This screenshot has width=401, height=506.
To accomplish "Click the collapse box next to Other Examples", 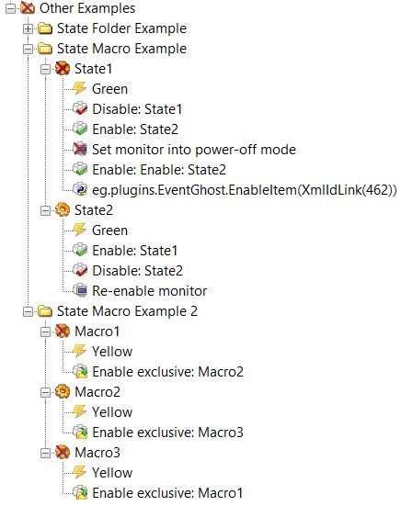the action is click(10, 8).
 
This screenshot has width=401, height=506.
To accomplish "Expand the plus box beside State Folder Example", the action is click(29, 28).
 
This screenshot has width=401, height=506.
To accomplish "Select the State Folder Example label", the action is click(121, 28).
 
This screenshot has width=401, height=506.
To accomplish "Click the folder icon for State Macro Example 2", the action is click(45, 311).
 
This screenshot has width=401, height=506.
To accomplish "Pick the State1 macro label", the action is click(93, 69).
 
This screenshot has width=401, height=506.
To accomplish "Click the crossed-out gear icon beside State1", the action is click(63, 69).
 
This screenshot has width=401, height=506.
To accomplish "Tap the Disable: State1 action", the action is click(137, 109).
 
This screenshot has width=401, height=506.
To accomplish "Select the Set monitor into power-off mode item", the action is click(194, 150).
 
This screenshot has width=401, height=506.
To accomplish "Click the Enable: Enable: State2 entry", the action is click(159, 170).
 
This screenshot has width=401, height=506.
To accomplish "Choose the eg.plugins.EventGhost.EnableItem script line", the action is click(245, 190).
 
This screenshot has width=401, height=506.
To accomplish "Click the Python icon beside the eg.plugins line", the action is click(79, 190).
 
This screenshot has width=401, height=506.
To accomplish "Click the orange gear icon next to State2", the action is click(63, 210).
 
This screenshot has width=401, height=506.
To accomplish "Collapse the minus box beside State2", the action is click(46, 210).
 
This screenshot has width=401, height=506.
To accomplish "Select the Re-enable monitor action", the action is click(149, 291).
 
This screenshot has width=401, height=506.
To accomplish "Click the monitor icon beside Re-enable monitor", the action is click(79, 291).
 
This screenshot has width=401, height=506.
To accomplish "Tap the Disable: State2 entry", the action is click(137, 270).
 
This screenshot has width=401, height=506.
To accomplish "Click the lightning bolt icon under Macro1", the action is click(79, 351).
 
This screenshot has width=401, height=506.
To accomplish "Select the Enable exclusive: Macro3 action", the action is click(167, 433).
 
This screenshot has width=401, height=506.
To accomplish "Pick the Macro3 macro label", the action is click(97, 453).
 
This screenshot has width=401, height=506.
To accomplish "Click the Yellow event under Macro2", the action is click(112, 412).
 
